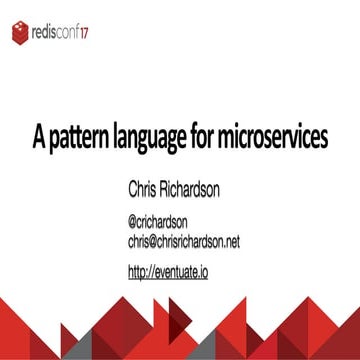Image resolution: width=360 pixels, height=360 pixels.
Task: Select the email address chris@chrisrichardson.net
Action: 183,242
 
